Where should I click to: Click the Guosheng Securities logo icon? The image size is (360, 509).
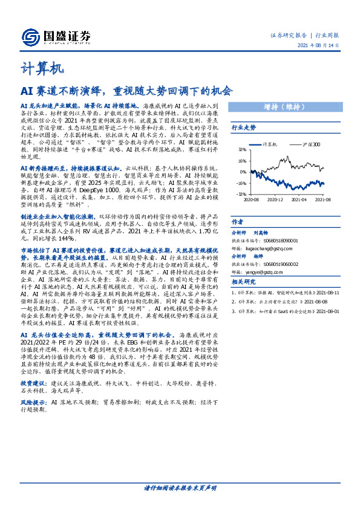(x=31, y=37)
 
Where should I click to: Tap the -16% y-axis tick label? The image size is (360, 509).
(x=242, y=183)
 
